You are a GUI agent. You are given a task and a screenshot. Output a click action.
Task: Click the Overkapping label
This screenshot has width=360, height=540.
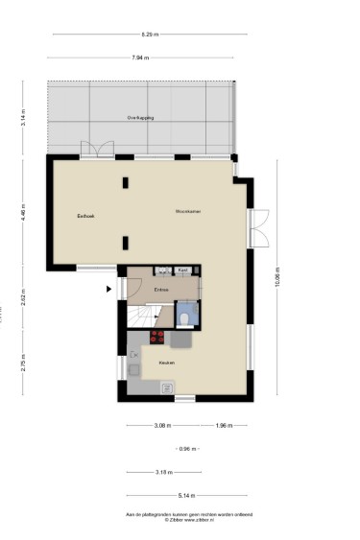click(x=140, y=117)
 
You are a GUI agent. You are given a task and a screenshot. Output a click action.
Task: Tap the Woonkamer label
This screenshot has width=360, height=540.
click(x=187, y=211)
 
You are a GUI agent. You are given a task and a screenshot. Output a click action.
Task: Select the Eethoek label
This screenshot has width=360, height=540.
click(x=86, y=217)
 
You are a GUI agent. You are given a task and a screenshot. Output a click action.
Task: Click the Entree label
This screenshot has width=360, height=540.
click(x=161, y=289)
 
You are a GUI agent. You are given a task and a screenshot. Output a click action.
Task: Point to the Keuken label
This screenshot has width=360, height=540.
click(x=166, y=363)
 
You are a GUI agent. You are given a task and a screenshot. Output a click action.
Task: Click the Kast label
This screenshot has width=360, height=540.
click(x=182, y=271)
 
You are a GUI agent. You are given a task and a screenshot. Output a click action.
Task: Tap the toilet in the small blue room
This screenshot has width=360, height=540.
click(x=185, y=317)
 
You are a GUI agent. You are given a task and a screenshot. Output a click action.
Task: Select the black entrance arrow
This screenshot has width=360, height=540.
click(x=108, y=287)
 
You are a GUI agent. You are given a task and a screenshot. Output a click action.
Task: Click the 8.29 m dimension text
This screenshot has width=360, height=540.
click(x=149, y=34)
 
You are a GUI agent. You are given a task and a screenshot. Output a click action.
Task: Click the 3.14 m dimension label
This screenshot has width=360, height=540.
click(x=22, y=118)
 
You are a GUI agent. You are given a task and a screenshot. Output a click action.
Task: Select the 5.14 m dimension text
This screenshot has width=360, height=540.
click(x=186, y=495)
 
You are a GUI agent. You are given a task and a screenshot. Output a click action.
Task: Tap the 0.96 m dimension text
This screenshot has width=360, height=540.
click(x=187, y=449)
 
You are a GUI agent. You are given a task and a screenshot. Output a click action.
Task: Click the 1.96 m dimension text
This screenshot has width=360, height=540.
click(x=223, y=425)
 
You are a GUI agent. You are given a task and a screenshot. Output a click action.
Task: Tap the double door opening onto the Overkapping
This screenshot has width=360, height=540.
click(x=96, y=150)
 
